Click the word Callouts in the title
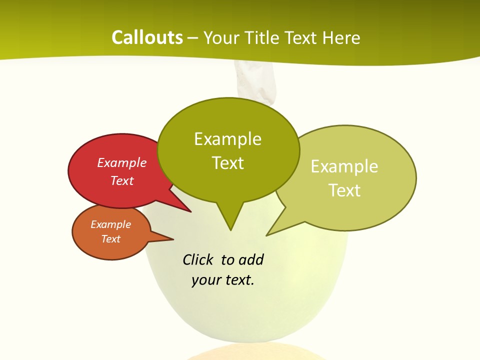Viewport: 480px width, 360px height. tap(147, 38)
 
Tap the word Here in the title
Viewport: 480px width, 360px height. tap(341, 38)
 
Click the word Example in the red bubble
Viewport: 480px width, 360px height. tap(121, 163)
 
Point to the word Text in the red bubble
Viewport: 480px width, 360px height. tap(121, 181)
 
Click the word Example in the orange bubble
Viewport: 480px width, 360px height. tap(110, 224)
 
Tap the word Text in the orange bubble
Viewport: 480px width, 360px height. tap(110, 239)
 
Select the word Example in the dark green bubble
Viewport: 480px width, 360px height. tap(227, 139)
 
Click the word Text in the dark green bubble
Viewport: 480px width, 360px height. tap(227, 163)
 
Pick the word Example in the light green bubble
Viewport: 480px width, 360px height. tap(344, 166)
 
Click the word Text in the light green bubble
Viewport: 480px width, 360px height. tap(344, 190)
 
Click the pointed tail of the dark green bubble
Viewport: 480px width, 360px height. tap(230, 225)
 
